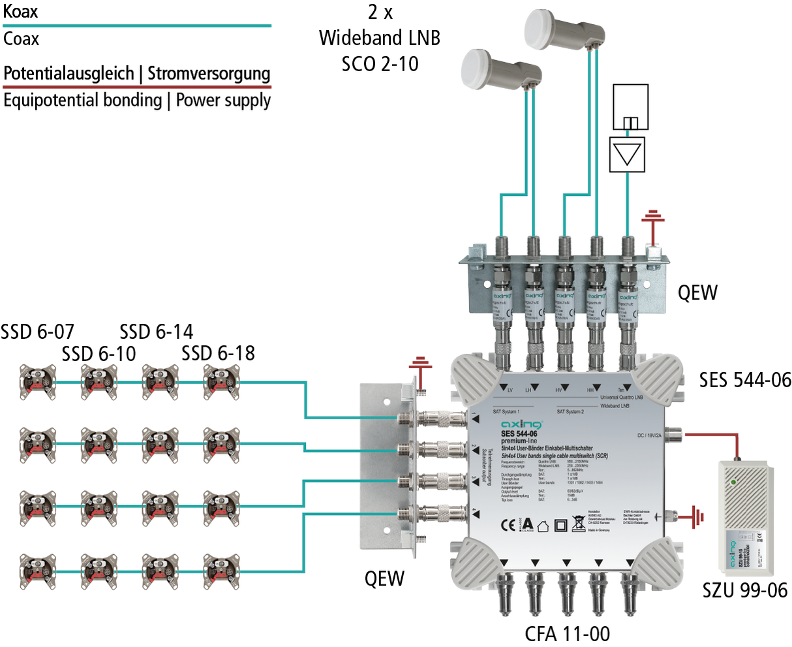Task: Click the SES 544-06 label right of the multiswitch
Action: pos(745,380)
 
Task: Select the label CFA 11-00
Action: pos(567,633)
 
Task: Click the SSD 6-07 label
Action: pos(37,332)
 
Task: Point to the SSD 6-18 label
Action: pos(218,353)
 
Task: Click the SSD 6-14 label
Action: pos(157,332)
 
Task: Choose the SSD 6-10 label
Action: pos(99,353)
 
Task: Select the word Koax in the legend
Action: pos(21,11)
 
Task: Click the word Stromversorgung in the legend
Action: pos(209,73)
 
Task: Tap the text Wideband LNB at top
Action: pos(379,38)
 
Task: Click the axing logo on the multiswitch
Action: pos(521,425)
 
